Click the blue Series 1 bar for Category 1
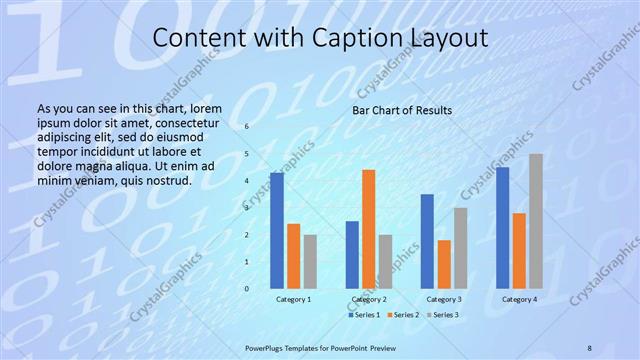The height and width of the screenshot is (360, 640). point(277,231)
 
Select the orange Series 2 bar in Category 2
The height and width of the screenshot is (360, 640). point(369,229)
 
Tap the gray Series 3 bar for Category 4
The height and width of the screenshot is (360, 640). point(536,221)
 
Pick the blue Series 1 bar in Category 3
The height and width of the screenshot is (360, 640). point(427,241)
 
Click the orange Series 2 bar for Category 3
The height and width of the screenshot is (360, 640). point(444,264)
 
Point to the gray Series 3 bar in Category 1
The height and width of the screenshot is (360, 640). point(310,262)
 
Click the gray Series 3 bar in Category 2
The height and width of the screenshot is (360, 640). point(386,262)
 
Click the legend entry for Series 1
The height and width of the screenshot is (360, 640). point(364,315)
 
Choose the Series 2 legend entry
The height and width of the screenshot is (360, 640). point(402,315)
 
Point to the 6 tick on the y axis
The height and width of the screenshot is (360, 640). point(246,127)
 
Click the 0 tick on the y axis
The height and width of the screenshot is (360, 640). point(246,289)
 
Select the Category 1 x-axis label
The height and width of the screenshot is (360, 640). point(293,299)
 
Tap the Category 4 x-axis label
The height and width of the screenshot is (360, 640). point(519,299)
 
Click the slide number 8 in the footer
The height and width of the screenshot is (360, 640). point(589,346)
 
